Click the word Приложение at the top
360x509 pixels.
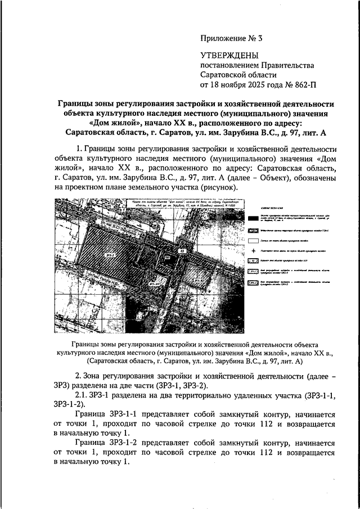click(x=220, y=39)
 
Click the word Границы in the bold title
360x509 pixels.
click(x=79, y=104)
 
